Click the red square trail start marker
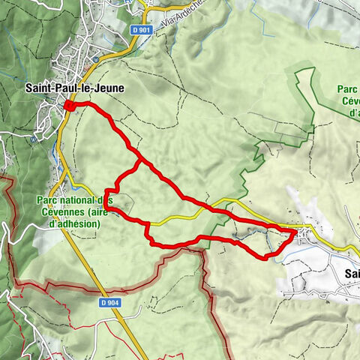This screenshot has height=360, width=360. pos(69,106)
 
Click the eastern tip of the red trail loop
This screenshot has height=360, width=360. pos(293,232)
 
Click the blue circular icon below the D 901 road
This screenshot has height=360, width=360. pos(97,59)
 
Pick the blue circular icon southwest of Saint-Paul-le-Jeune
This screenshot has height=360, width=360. pos(32,138)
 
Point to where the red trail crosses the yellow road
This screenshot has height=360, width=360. pos(148,223)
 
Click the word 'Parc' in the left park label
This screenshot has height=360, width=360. pos(49,200)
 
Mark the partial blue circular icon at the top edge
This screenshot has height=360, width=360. pos(139,2)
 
